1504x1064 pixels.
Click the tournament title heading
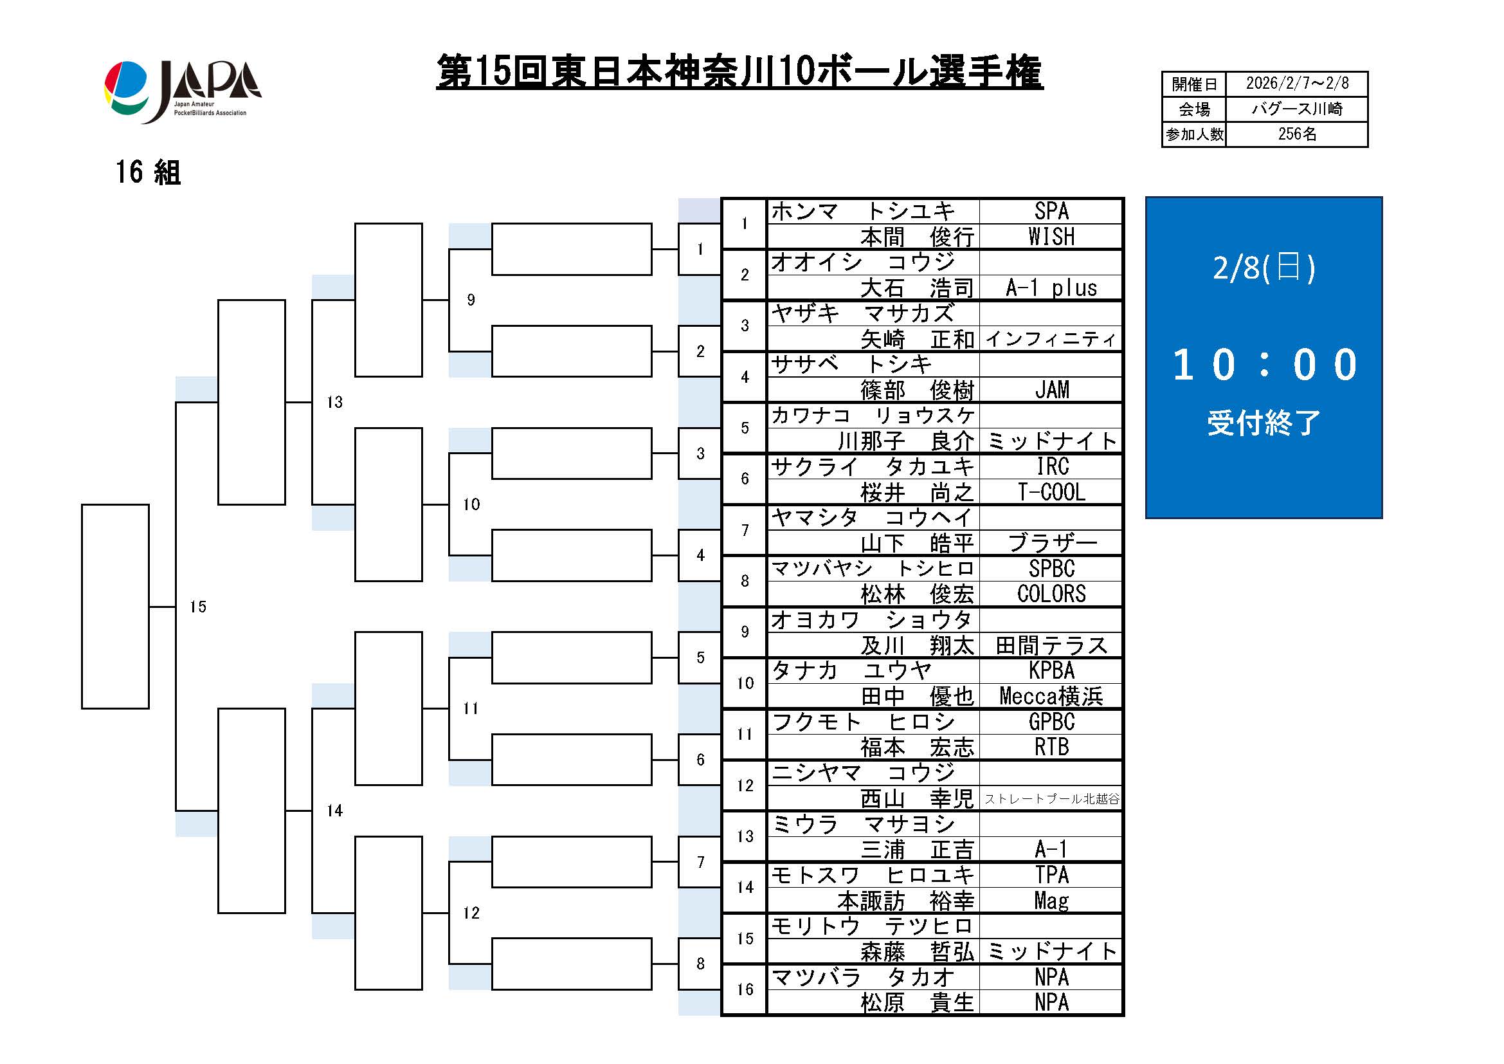click(x=739, y=72)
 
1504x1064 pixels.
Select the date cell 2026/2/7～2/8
click(x=1296, y=84)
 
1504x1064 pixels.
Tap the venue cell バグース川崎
click(x=1296, y=109)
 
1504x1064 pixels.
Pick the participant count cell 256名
click(x=1296, y=134)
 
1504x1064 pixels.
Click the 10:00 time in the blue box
click(x=1264, y=364)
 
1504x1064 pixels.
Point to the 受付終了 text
click(x=1264, y=423)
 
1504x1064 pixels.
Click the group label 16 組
click(x=148, y=173)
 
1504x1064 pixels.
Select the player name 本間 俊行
click(x=916, y=237)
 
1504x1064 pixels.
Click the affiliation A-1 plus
click(x=1051, y=288)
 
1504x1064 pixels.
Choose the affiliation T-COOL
click(x=1051, y=492)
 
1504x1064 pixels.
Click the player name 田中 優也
click(x=916, y=697)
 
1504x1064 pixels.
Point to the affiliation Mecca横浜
click(x=1051, y=697)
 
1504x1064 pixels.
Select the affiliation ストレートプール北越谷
click(x=1051, y=799)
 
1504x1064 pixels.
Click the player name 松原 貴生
click(x=916, y=1003)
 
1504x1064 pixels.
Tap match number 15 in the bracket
click(x=198, y=607)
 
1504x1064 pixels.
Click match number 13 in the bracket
click(x=335, y=402)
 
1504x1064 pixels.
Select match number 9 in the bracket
click(x=471, y=300)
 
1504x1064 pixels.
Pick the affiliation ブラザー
click(x=1051, y=543)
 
